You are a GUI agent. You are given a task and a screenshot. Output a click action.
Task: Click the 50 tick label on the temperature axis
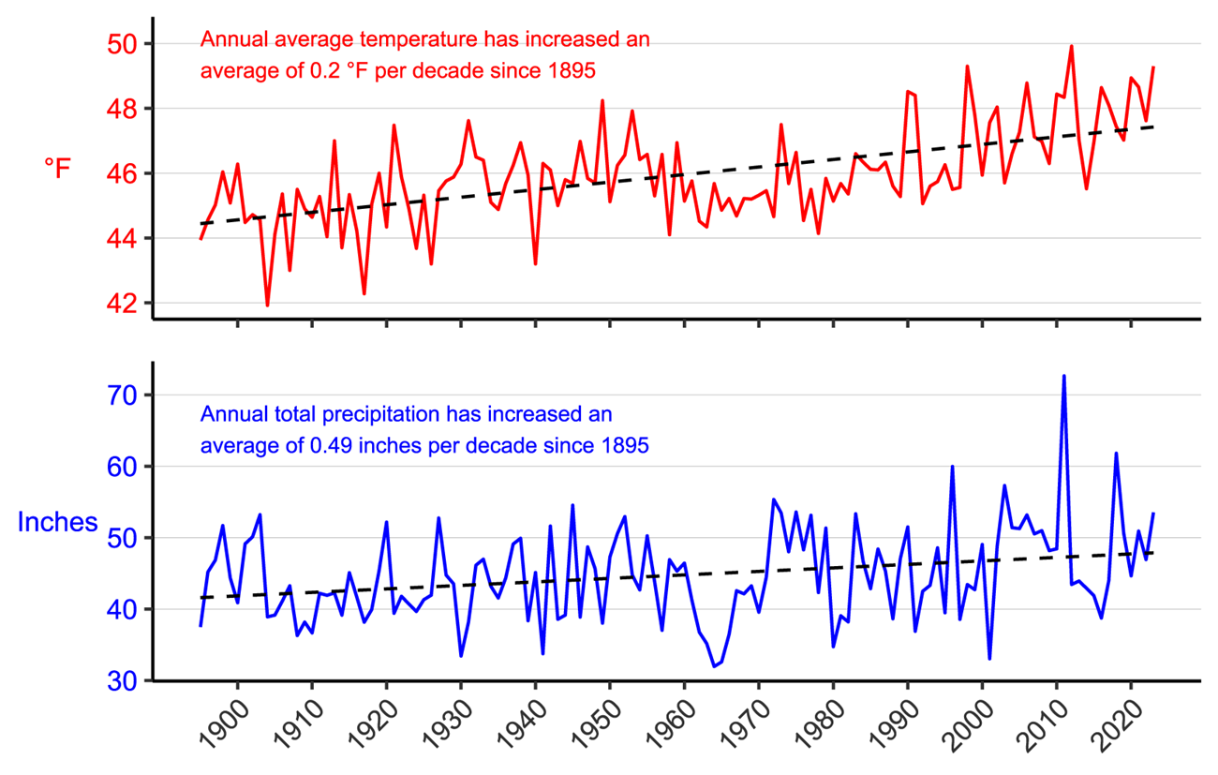pyautogui.click(x=125, y=44)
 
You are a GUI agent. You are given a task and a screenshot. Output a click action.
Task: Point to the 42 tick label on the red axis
pyautogui.click(x=125, y=304)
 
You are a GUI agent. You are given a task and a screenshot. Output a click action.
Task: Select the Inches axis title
pyautogui.click(x=57, y=522)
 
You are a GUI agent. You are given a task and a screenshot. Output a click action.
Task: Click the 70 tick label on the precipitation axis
pyautogui.click(x=125, y=395)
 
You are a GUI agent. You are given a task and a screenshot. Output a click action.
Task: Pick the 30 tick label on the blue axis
pyautogui.click(x=125, y=681)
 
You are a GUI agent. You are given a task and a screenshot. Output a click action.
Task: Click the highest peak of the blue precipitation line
pyautogui.click(x=1063, y=376)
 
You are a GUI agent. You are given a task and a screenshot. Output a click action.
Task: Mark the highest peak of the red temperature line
pyautogui.click(x=1071, y=46)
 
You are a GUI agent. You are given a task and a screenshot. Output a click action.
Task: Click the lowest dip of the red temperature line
pyautogui.click(x=267, y=306)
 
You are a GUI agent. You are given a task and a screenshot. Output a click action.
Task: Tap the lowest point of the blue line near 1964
pyautogui.click(x=714, y=666)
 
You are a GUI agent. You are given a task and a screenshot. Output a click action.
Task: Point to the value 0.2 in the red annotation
pyautogui.click(x=310, y=71)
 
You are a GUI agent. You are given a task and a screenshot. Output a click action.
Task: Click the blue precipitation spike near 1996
pyautogui.click(x=952, y=467)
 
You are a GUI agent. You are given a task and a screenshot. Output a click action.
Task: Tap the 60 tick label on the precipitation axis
pyautogui.click(x=125, y=467)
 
